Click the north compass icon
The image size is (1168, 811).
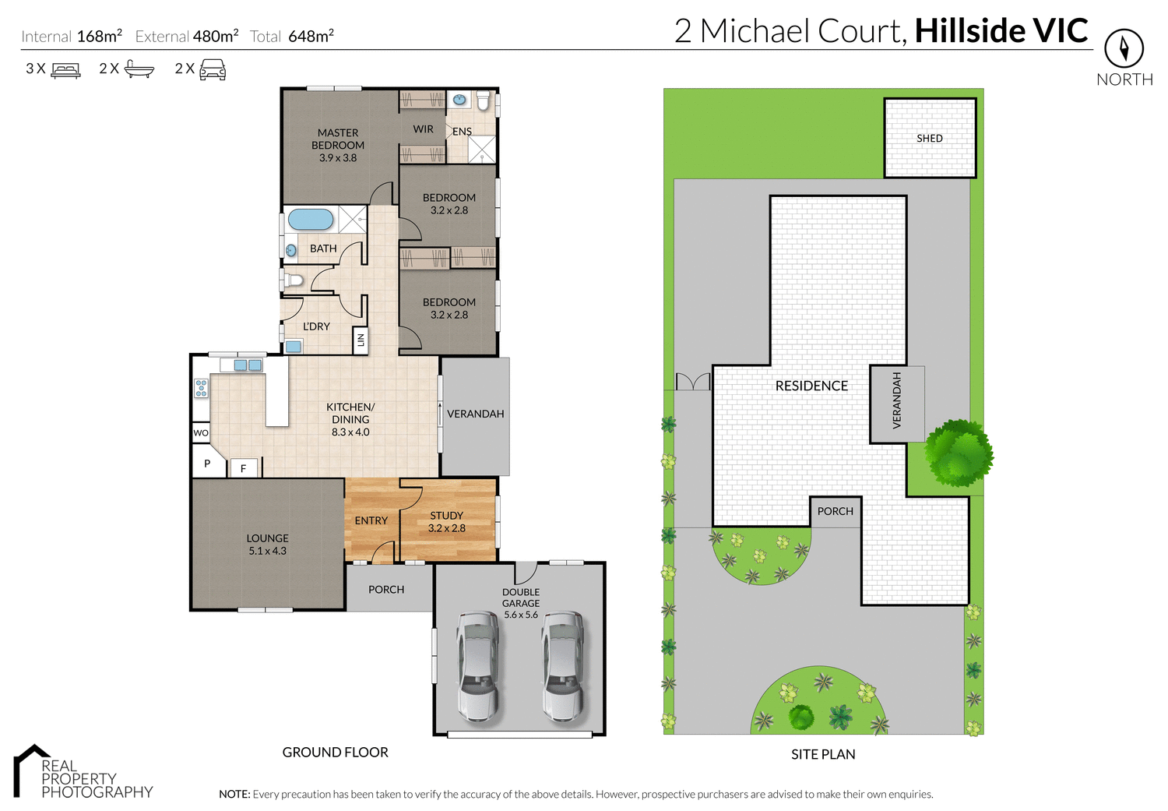click(1124, 49)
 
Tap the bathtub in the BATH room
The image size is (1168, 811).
click(311, 219)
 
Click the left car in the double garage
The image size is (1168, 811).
click(477, 665)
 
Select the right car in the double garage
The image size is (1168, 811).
click(563, 665)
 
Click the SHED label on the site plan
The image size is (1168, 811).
click(929, 139)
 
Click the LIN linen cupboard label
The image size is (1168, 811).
click(361, 340)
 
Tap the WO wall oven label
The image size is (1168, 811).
click(201, 433)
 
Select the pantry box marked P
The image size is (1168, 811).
click(207, 464)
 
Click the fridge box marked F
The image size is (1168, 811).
click(244, 468)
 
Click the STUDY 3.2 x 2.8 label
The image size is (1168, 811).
click(446, 522)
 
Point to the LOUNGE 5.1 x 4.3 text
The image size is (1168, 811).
click(267, 545)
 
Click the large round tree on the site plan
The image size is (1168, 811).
click(958, 452)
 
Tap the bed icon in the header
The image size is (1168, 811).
click(65, 70)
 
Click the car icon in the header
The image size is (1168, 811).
click(213, 70)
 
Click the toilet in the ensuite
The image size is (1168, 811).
click(483, 101)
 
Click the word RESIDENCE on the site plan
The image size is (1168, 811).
click(811, 386)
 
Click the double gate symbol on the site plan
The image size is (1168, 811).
click(693, 382)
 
